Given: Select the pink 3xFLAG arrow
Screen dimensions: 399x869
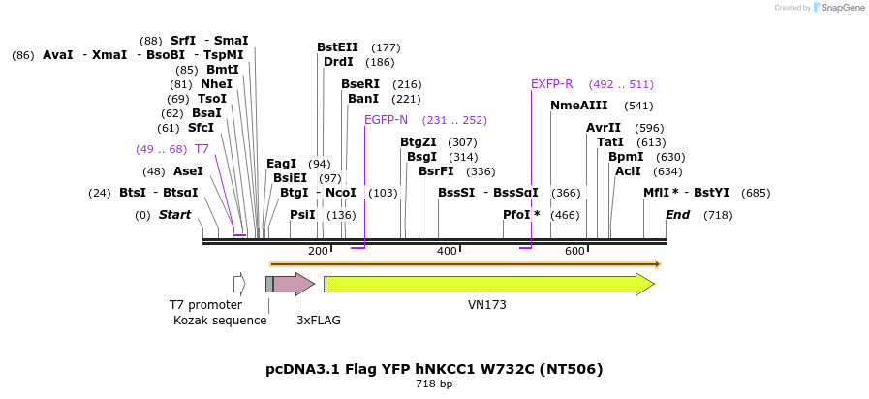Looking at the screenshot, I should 294,284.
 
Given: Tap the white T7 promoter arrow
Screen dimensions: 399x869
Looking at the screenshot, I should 239,284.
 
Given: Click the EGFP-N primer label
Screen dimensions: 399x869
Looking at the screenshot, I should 386,120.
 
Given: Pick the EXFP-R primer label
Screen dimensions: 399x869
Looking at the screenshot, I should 552,84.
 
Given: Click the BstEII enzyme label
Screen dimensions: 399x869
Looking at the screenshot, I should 337,46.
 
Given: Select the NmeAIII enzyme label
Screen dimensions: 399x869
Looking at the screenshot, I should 578,106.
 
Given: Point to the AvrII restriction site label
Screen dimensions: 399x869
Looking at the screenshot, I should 603,128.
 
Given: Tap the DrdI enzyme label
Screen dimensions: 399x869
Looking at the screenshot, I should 338,62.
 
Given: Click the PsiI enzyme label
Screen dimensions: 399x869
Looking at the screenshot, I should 302,215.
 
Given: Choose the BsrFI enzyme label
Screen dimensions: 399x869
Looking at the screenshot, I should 443,171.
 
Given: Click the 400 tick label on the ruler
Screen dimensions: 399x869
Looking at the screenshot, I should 447,252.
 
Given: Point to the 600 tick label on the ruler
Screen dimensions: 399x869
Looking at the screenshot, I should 574,252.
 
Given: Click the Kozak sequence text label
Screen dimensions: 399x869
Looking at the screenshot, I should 220,321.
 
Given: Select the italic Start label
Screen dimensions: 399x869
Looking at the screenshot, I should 175,215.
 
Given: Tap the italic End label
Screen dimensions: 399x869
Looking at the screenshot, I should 677,215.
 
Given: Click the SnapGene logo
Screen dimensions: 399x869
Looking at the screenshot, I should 839,8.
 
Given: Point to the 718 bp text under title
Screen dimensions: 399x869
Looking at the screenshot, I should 434,384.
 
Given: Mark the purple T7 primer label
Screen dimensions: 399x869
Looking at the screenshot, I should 202,149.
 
